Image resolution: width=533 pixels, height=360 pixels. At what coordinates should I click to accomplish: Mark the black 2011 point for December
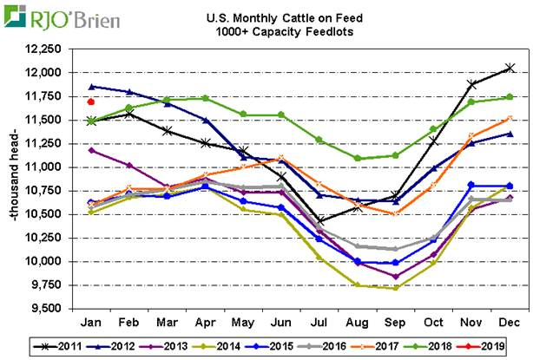[510, 68]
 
